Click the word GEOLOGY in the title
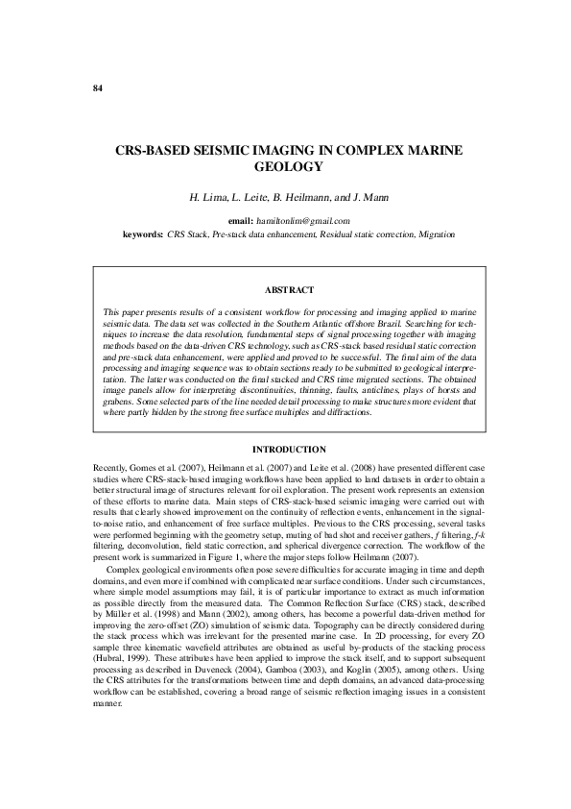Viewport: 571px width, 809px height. coord(285,166)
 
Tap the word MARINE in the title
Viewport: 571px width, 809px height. coord(422,151)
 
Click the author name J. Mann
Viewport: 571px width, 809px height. coord(369,198)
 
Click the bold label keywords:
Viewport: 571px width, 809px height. coord(143,233)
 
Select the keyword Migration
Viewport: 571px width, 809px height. coord(435,233)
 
